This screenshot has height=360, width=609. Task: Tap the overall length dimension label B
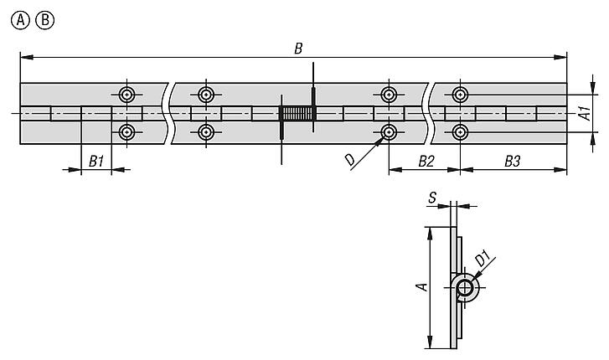[298, 47]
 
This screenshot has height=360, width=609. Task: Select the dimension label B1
[96, 162]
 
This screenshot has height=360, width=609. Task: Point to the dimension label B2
[426, 161]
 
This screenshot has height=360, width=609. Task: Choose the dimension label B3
[513, 161]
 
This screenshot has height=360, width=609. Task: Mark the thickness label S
[431, 198]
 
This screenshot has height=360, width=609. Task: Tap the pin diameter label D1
[483, 260]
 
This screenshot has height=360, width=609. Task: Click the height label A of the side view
[423, 286]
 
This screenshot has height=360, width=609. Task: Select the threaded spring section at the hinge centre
[296, 114]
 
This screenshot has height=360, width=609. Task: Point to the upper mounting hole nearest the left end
[127, 94]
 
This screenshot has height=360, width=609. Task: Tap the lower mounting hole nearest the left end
[127, 132]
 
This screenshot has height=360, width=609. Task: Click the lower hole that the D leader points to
[389, 132]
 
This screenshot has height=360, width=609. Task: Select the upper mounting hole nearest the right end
[460, 94]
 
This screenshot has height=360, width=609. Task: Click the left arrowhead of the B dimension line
[23, 57]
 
